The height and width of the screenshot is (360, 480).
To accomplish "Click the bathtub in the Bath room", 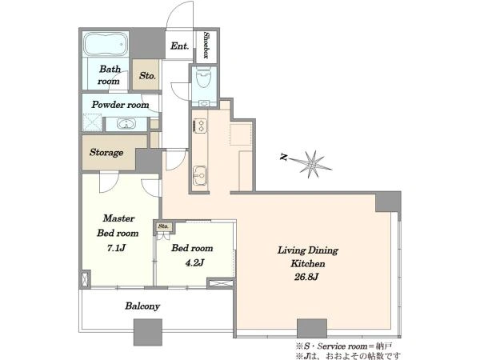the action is pos(106,44).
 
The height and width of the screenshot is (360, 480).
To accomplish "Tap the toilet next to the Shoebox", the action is pos(203,79).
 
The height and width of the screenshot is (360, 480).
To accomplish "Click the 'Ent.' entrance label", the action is pos(180,46).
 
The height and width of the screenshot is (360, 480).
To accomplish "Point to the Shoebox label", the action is pos(206,45).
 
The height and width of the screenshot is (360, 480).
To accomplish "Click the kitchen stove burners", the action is pos(200,126).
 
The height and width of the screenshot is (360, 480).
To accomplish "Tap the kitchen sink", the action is pos(200,176).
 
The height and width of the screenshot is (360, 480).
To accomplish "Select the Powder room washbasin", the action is pos(126,124).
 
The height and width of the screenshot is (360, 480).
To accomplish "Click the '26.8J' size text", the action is pos(306,277).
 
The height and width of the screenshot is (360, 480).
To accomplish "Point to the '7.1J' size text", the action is pos(116,248).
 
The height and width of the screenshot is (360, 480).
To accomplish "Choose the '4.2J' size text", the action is pos(194,262).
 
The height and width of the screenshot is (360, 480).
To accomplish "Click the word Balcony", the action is pos(142,306).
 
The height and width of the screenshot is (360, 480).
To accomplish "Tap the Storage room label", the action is pos(106,153).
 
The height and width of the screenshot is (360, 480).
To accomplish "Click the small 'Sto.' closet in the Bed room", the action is pos(163,226).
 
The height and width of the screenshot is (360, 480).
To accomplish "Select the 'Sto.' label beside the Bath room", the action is pos(147,76).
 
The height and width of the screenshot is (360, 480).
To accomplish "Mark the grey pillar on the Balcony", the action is pos(148,332).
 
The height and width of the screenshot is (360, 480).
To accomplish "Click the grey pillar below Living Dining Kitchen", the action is pos(312,328).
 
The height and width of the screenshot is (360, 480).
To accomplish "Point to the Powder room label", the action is pos(120,105).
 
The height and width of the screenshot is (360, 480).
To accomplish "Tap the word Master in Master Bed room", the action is pos(118,218).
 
